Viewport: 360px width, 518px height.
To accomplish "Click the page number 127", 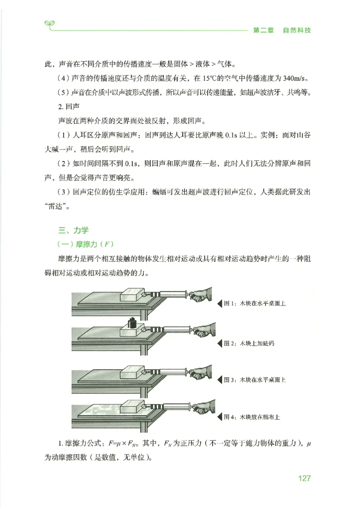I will pyautogui.click(x=304, y=478).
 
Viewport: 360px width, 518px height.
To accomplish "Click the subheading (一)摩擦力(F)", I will pyautogui.click(x=84, y=244).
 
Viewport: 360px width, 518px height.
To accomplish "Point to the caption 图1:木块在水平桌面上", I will pyautogui.click(x=255, y=304).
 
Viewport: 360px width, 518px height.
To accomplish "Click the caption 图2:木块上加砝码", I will pyautogui.click(x=249, y=343).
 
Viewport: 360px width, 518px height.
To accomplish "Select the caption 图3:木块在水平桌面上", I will pyautogui.click(x=255, y=380).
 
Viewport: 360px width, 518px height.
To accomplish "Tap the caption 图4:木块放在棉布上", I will pyautogui.click(x=252, y=417).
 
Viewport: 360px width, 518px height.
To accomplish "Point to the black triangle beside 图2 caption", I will pyautogui.click(x=220, y=343).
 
